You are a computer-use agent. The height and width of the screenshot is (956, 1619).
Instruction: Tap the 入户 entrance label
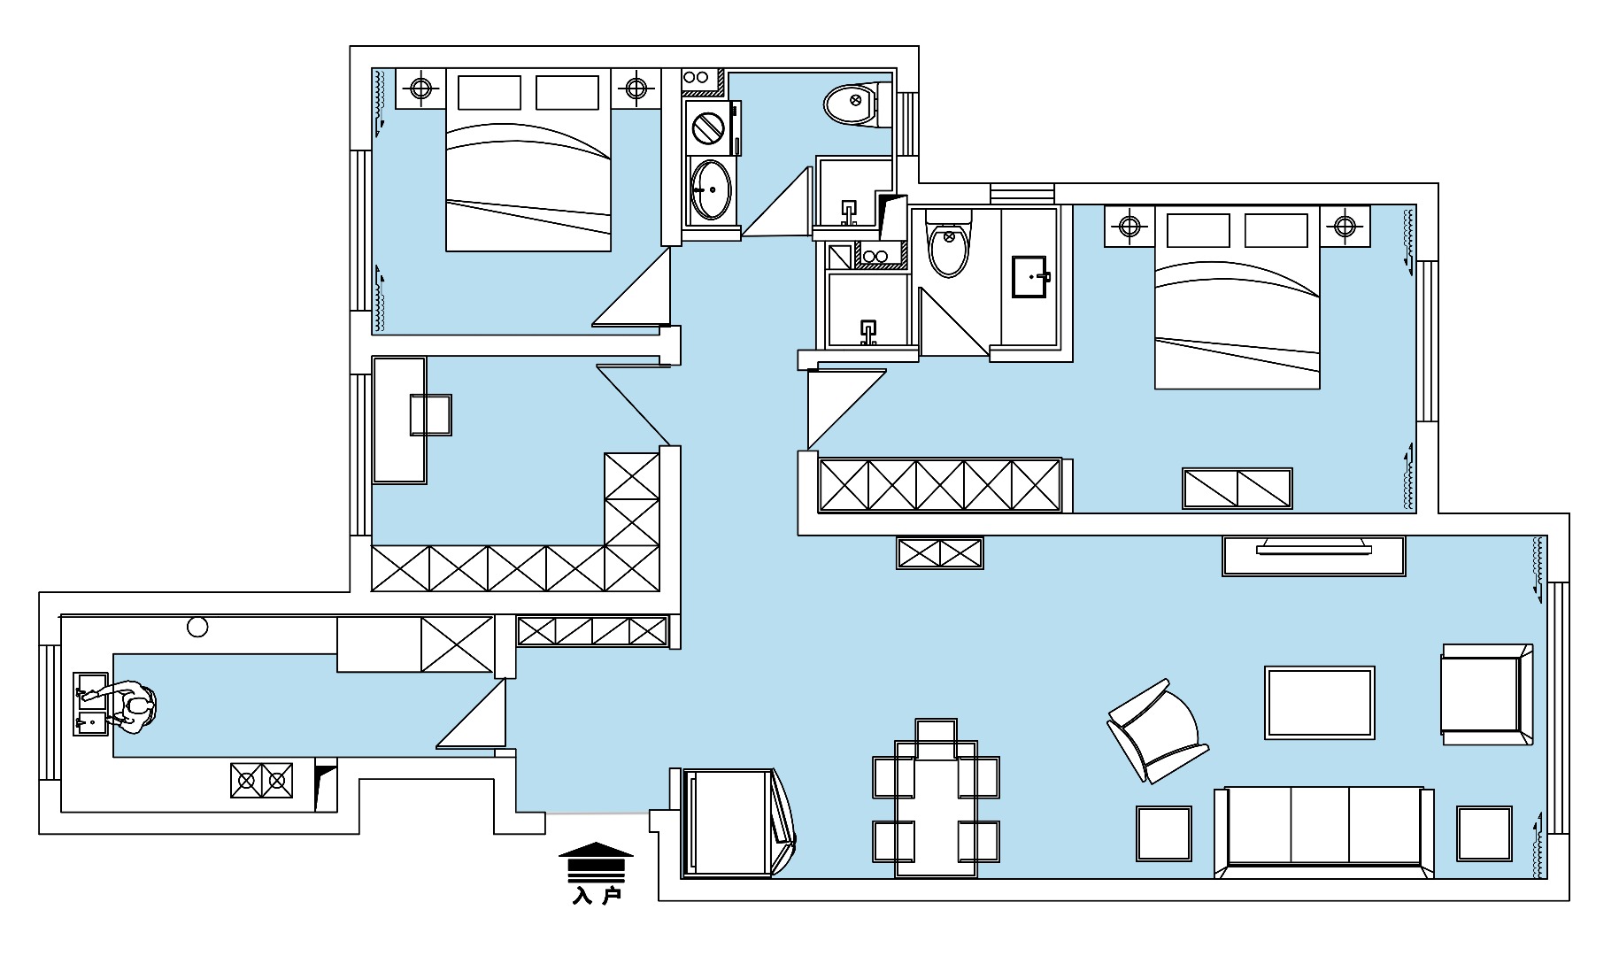(597, 896)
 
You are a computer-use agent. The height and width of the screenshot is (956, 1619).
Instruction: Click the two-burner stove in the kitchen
(262, 780)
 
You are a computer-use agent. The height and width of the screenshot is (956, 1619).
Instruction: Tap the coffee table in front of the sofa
(1320, 703)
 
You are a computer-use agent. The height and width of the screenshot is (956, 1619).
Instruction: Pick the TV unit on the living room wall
(1314, 556)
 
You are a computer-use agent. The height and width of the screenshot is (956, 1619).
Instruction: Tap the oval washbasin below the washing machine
(711, 189)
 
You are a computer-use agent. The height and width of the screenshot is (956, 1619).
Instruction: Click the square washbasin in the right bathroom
(1031, 277)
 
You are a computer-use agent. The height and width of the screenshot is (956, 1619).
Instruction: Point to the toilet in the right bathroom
(948, 242)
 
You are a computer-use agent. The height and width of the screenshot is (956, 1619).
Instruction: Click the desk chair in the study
(431, 415)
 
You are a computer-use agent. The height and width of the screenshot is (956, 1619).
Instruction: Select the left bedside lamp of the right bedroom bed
(1129, 226)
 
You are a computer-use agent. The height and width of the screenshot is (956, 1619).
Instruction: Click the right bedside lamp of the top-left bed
(636, 88)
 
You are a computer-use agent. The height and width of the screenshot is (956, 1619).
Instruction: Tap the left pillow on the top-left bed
(489, 92)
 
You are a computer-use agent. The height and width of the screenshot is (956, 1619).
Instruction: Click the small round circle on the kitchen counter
(197, 628)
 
